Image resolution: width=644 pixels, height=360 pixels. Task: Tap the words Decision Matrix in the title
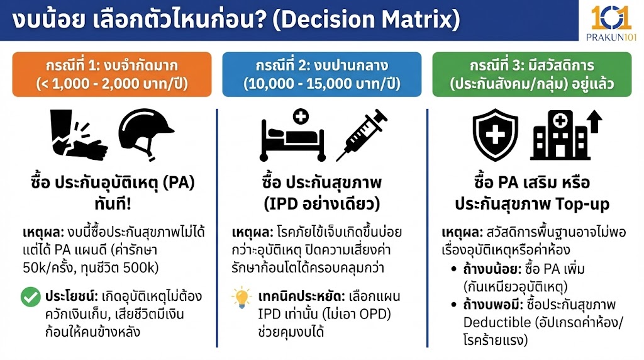pyautogui.click(x=375, y=21)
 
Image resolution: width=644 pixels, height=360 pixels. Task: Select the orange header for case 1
pyautogui.click(x=112, y=74)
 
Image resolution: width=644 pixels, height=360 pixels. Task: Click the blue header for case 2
pyautogui.click(x=321, y=74)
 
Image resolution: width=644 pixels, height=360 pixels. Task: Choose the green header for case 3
pyautogui.click(x=531, y=74)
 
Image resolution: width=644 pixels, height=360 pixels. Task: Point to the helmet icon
pyautogui.click(x=146, y=131)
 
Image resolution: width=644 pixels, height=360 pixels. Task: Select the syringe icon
pyautogui.click(x=360, y=134)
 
